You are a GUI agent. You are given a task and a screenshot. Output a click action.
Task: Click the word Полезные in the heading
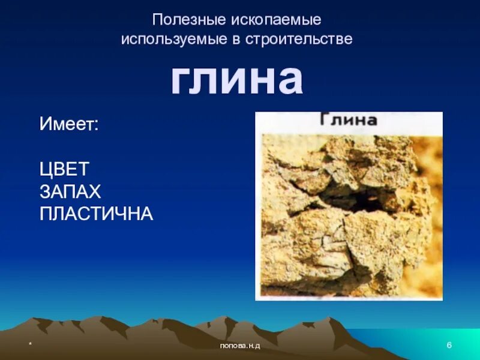(x=188, y=19)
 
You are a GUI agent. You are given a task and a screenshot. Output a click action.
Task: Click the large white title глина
(x=236, y=80)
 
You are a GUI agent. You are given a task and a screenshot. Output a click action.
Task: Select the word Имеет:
(x=69, y=125)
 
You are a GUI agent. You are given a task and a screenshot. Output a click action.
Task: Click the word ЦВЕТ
(x=65, y=169)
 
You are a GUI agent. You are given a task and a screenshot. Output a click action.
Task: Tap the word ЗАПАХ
(x=70, y=191)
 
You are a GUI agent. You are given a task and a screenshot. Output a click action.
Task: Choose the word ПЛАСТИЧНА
(x=97, y=214)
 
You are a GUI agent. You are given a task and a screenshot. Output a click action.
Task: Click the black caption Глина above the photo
(x=348, y=120)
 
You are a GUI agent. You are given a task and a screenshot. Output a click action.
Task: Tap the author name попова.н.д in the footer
(x=240, y=346)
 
